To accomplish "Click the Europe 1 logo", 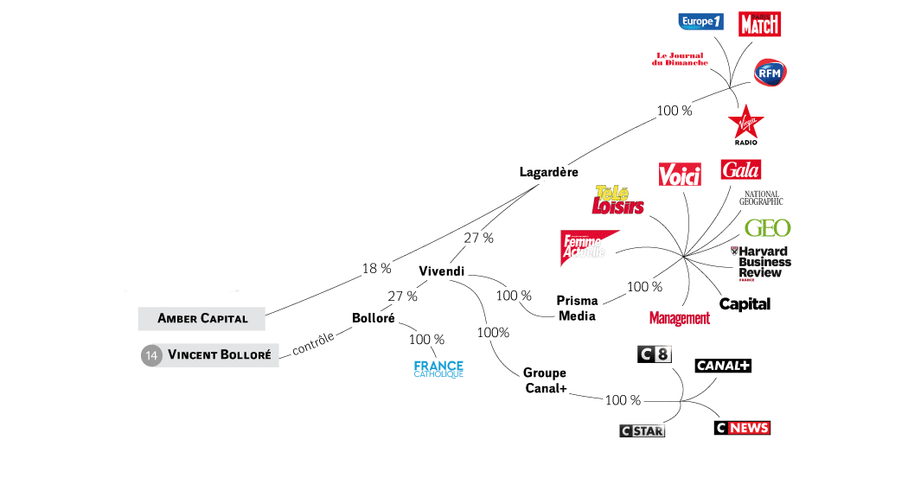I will tap(700, 22).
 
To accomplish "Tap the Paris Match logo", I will tap(759, 24).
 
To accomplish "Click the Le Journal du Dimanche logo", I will tap(680, 60).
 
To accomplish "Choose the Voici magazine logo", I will tap(679, 175).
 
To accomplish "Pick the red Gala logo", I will tap(740, 169).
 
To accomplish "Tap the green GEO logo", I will tap(767, 228).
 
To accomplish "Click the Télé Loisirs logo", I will tap(619, 201).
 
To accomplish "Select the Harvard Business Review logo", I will tap(760, 263).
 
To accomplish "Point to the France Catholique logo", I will tap(438, 369).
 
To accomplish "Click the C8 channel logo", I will tap(653, 354).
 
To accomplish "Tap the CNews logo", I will tap(742, 428).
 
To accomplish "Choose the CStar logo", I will tap(642, 430).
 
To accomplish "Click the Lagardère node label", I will tap(548, 172).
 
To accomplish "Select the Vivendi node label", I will tap(441, 271).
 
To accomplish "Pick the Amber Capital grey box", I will tap(201, 318).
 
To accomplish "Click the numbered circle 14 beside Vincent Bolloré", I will tap(152, 354).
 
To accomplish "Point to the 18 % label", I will tap(376, 268).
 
